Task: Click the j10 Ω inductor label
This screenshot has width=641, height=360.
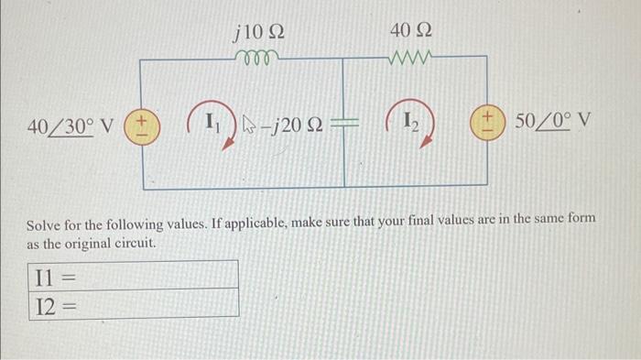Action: [259, 34]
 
